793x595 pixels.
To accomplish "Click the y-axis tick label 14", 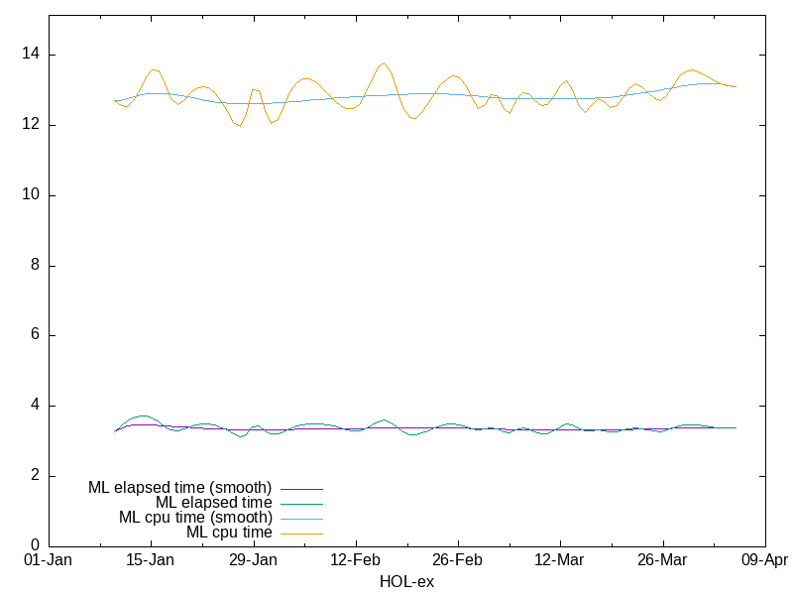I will [32, 55].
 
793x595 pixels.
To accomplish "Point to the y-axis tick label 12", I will [32, 125].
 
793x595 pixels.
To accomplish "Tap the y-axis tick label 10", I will [32, 195].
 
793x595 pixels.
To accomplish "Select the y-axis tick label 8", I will [36, 266].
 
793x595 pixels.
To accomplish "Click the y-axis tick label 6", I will [36, 335].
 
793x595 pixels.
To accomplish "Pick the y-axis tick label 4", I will [36, 406].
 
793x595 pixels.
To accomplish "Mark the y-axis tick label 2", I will [36, 476].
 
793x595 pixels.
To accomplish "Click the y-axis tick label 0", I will [36, 545].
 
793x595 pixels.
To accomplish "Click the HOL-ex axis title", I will [406, 581].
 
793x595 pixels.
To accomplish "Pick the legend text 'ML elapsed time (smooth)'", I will [179, 488].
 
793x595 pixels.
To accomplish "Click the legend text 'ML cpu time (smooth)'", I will [195, 518].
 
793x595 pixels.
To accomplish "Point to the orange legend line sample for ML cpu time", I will [301, 534].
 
